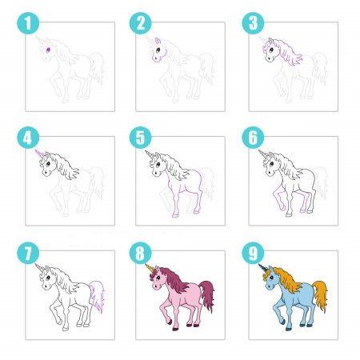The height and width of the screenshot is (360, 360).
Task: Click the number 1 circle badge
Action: click(28, 23)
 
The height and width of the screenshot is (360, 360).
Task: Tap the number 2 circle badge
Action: click(141, 23)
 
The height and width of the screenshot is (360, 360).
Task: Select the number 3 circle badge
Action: click(253, 23)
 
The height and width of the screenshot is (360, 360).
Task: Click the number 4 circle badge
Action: click(28, 138)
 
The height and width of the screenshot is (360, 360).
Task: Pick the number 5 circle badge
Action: click(141, 138)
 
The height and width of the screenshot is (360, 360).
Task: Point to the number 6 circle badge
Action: click(253, 138)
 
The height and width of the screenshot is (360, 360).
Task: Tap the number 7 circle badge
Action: click(28, 253)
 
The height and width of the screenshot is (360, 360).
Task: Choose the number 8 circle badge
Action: click(141, 253)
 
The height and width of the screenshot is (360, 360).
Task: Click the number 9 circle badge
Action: click(253, 253)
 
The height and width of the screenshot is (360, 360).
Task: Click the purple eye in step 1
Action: click(48, 50)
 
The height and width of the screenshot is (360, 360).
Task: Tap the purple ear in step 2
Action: click(158, 41)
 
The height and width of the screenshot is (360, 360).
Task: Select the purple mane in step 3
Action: click(286, 52)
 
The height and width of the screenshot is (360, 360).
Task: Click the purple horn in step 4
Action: click(40, 154)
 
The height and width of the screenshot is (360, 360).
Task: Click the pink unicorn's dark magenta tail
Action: click(207, 295)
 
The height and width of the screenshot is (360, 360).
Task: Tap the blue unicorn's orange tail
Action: click(321, 295)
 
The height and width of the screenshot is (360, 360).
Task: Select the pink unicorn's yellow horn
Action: click(150, 268)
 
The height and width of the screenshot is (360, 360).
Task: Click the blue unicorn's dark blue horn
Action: click(263, 268)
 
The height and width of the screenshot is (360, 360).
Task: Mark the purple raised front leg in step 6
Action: click(278, 198)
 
